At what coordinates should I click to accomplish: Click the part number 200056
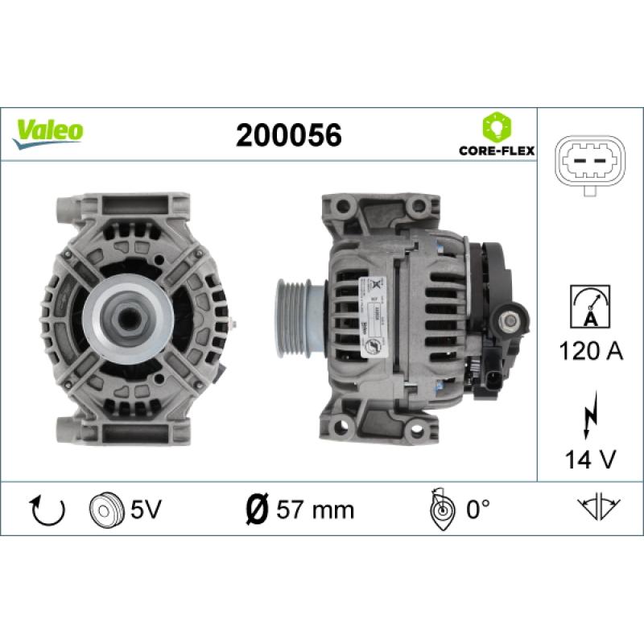[x=288, y=135]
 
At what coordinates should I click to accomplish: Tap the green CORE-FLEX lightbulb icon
[x=493, y=127]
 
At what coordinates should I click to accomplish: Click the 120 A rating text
[x=591, y=351]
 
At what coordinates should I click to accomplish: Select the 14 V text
[x=591, y=460]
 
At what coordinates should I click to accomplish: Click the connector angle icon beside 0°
[x=441, y=509]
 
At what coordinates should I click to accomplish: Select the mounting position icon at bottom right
[x=597, y=508]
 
